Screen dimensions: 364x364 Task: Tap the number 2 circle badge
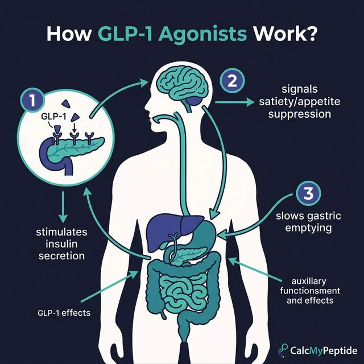pyautogui.click(x=231, y=80)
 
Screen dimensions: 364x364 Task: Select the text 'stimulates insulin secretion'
pyautogui.click(x=61, y=244)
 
